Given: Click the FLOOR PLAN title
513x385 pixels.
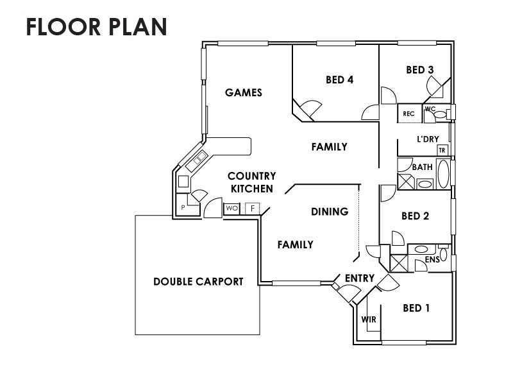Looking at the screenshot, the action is (97, 26).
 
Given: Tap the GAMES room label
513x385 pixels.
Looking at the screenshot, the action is (244, 92).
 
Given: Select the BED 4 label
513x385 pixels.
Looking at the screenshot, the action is (340, 80).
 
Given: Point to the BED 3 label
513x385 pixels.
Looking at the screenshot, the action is (420, 70).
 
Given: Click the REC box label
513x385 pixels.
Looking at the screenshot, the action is (408, 114).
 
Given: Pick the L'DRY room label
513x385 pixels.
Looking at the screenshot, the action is (428, 139).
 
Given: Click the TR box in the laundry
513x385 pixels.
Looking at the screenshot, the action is (442, 150).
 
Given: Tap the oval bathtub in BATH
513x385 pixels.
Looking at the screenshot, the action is (443, 174).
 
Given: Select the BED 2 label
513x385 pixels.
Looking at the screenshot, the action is (415, 216).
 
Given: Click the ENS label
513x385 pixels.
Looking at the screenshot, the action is (432, 260).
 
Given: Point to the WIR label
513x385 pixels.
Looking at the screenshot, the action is (369, 319).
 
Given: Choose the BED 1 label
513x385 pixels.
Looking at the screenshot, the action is (416, 308).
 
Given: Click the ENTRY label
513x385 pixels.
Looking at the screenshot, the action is (360, 278).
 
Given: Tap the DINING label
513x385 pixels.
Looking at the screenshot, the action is (330, 212).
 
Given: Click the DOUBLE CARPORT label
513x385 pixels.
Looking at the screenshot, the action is (198, 282).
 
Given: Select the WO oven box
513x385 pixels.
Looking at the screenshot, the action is (232, 209).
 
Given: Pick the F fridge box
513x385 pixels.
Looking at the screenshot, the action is (253, 209).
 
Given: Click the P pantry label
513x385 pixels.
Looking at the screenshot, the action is (183, 207).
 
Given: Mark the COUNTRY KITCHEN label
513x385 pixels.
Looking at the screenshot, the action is (252, 182).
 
